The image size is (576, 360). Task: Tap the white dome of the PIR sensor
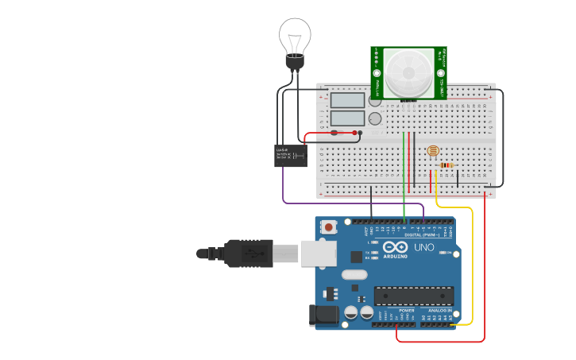(409, 72)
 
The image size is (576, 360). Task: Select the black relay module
(290, 154)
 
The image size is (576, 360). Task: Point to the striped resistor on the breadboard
(445, 165)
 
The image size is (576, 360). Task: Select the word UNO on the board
(424, 247)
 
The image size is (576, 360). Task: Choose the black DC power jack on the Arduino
(323, 315)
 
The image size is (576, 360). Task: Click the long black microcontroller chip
(414, 296)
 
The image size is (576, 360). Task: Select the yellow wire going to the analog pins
(472, 262)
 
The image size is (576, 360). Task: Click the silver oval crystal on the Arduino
(355, 275)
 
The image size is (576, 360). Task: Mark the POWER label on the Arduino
(396, 311)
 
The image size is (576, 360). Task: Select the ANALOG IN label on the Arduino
(439, 311)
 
